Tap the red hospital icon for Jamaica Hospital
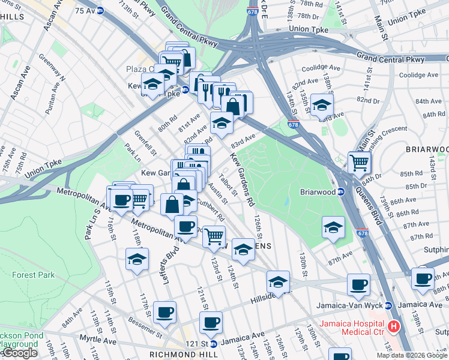[394, 327]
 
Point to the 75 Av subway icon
[100, 10]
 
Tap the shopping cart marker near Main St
[360, 161]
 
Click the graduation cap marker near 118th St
[137, 259]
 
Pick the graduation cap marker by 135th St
[322, 105]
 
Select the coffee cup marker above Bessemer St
[164, 312]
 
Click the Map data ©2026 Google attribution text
[411, 355]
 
